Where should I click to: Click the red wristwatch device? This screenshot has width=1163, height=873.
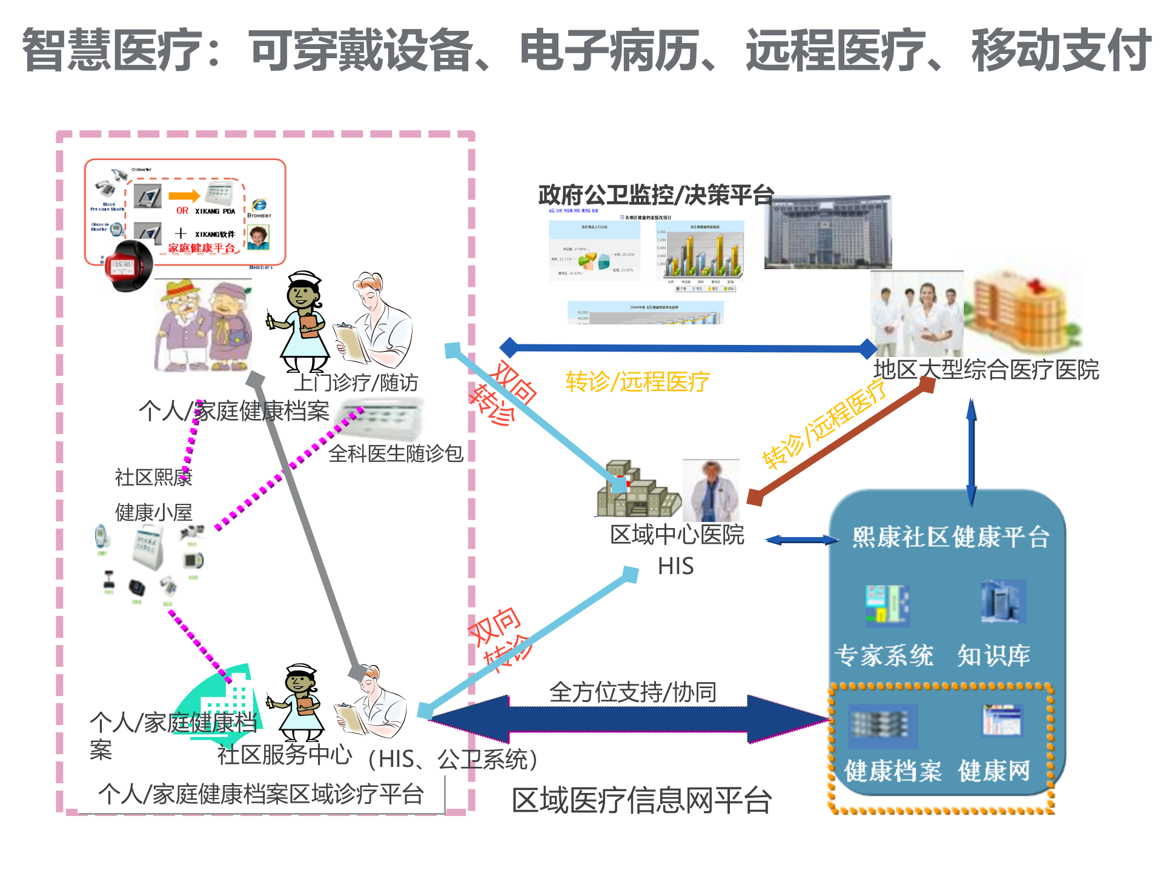click(128, 266)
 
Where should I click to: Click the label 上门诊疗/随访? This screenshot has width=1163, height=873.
click(356, 383)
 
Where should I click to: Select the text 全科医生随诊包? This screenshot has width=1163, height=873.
click(396, 453)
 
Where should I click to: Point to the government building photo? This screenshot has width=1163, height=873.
click(827, 232)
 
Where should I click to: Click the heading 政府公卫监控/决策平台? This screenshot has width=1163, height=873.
click(656, 195)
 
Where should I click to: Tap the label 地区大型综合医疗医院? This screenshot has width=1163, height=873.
click(986, 369)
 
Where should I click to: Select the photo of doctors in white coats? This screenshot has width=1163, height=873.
click(916, 313)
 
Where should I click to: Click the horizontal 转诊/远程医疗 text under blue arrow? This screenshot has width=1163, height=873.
click(637, 381)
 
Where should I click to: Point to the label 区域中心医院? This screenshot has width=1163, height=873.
click(677, 534)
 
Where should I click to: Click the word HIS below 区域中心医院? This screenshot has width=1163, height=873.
click(675, 566)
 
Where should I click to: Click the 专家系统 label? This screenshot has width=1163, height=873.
click(883, 655)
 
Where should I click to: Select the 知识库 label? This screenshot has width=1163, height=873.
click(993, 655)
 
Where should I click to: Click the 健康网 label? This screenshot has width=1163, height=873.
click(993, 771)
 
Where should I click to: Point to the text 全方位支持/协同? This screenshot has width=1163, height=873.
click(632, 692)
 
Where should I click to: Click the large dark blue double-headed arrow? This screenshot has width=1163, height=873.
click(630, 720)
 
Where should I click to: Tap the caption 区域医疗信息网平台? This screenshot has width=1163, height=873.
click(641, 800)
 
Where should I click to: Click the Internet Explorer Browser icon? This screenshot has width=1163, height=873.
click(259, 206)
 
